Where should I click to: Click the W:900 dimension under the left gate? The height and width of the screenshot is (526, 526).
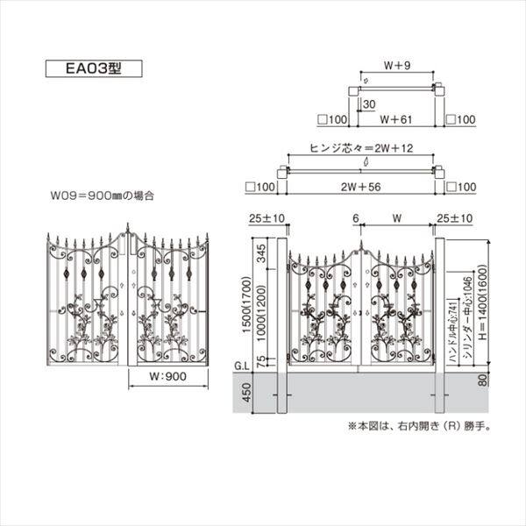click(167, 379)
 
